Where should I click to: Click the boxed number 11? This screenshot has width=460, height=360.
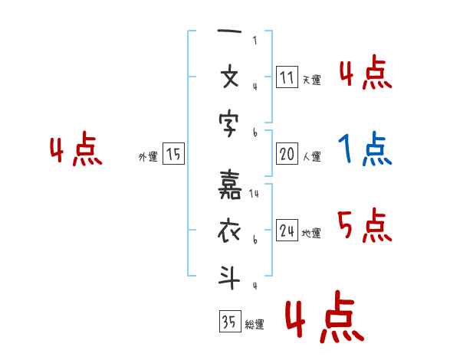[x=286, y=77]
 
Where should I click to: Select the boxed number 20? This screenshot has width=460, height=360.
[x=286, y=155]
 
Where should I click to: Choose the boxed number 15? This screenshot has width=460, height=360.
[x=173, y=155]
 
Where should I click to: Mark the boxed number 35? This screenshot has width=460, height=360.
[x=229, y=322]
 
